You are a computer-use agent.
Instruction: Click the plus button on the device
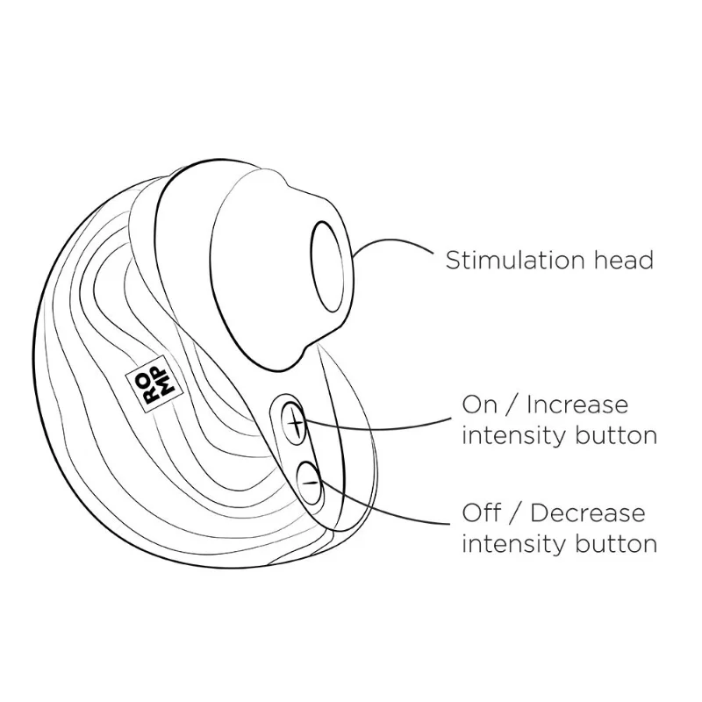(294, 423)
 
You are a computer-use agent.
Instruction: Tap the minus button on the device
(310, 484)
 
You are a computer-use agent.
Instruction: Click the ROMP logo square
(155, 384)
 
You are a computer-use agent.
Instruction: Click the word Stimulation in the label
(516, 260)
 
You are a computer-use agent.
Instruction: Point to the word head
(624, 260)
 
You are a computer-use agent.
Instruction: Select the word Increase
(577, 405)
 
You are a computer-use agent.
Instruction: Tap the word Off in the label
(481, 513)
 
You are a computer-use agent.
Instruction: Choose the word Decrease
(587, 513)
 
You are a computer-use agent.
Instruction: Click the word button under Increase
(616, 435)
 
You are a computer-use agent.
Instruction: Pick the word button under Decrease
(616, 544)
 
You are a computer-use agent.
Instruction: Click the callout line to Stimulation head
(390, 240)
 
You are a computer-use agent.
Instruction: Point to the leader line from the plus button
(376, 428)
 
